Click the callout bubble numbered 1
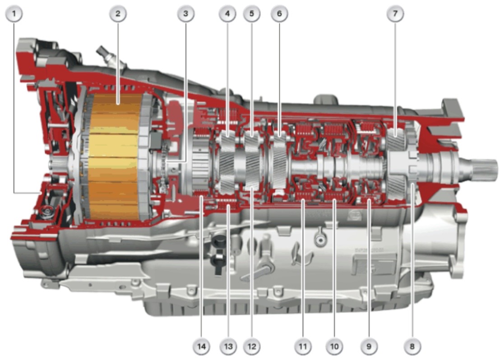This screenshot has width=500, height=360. (14, 14)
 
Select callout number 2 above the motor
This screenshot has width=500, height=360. (118, 14)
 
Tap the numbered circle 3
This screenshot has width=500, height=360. (185, 14)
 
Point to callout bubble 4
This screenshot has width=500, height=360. (227, 14)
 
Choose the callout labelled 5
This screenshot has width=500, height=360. (252, 14)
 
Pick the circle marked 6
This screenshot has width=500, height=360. (279, 14)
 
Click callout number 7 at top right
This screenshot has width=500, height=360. (395, 14)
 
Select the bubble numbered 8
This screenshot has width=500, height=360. (412, 346)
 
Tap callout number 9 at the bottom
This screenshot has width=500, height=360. (369, 346)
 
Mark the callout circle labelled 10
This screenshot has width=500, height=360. (334, 346)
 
